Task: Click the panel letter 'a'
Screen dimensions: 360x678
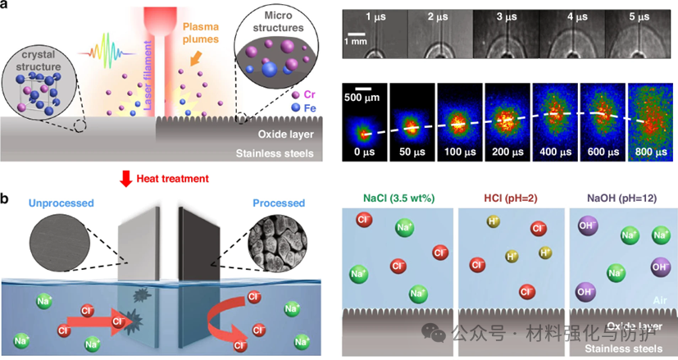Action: pos(7,7)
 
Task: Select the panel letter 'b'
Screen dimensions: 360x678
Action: pos(7,198)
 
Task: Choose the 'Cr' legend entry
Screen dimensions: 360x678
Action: pos(307,95)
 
